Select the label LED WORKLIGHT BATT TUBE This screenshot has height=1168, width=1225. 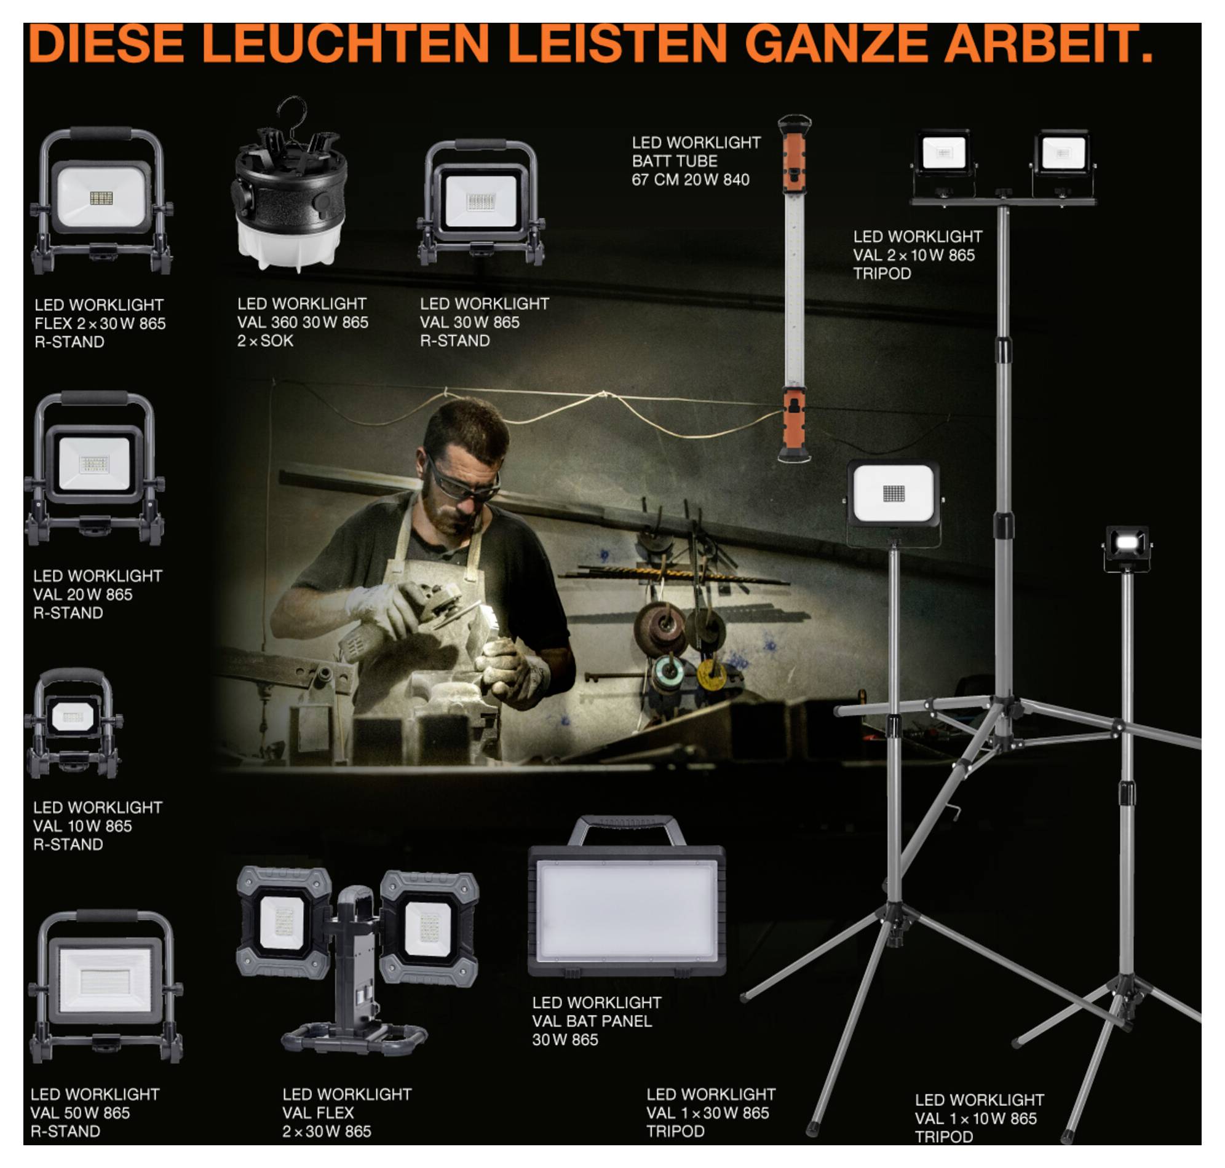(x=696, y=160)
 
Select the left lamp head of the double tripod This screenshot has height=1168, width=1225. (x=943, y=152)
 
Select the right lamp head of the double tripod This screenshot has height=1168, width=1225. (x=1063, y=152)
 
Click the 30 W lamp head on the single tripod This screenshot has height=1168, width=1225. (x=893, y=494)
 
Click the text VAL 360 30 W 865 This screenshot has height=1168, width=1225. (x=302, y=322)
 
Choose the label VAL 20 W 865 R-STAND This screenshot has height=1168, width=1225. (x=97, y=594)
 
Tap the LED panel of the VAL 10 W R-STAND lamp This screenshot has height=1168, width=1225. (x=73, y=717)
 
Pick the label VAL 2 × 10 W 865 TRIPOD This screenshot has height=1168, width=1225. (x=917, y=255)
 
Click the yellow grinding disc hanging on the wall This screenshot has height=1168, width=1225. (x=712, y=674)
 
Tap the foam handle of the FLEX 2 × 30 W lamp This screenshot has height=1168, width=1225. (x=101, y=133)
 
